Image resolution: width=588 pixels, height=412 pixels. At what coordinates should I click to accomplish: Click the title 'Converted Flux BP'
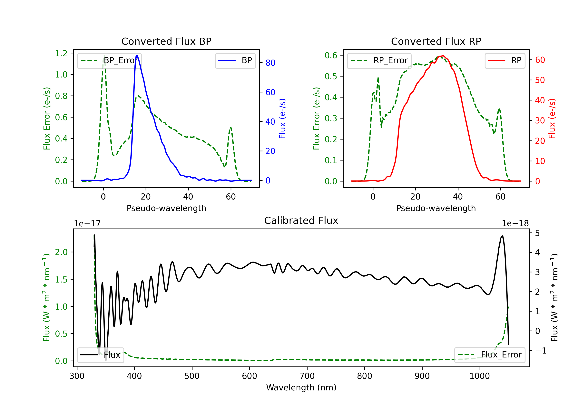[166, 41]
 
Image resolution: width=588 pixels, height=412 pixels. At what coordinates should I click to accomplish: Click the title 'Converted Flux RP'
[436, 41]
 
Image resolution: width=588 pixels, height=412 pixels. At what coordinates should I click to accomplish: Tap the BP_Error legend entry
[109, 60]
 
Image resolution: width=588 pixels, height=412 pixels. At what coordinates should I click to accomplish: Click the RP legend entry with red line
[505, 60]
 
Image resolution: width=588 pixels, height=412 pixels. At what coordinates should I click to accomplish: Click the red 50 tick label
[540, 80]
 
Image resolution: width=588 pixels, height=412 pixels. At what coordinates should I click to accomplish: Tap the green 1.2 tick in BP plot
[61, 53]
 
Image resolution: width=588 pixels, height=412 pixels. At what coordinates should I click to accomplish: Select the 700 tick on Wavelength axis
[307, 376]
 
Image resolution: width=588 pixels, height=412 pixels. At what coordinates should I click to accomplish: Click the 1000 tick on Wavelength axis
[480, 376]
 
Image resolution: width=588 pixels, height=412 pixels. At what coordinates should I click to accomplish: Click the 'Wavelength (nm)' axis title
[301, 387]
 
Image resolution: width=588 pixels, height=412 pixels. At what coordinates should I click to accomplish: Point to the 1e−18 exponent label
[515, 224]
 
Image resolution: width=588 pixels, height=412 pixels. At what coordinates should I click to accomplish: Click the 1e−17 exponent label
[87, 224]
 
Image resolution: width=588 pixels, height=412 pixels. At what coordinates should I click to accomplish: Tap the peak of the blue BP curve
[137, 56]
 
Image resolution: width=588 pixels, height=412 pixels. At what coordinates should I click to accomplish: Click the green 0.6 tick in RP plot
[331, 55]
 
